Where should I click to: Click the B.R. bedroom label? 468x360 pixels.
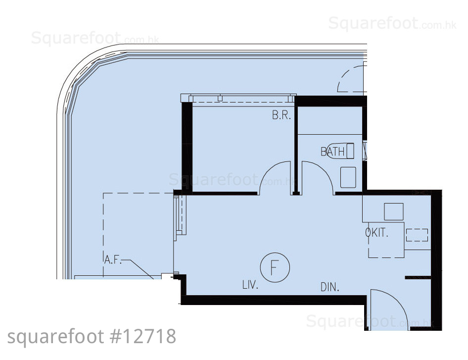[x=281, y=115]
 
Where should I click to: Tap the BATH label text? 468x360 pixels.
[x=332, y=152]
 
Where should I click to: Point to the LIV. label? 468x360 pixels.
[x=250, y=285]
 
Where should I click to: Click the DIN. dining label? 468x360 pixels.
[x=330, y=287]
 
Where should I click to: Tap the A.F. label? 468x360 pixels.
[x=113, y=260]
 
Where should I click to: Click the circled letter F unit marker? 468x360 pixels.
[x=275, y=268]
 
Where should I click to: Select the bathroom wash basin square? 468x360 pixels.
[x=348, y=177]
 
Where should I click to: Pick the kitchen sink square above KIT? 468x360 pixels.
[x=394, y=211]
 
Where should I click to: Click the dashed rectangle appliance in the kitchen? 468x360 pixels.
[x=417, y=235]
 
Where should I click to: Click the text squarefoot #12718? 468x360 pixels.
[x=92, y=337]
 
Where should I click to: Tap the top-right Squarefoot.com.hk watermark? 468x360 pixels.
[x=392, y=23]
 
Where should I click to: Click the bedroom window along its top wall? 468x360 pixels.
[x=238, y=98]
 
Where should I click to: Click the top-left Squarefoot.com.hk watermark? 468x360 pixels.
[x=95, y=38]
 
